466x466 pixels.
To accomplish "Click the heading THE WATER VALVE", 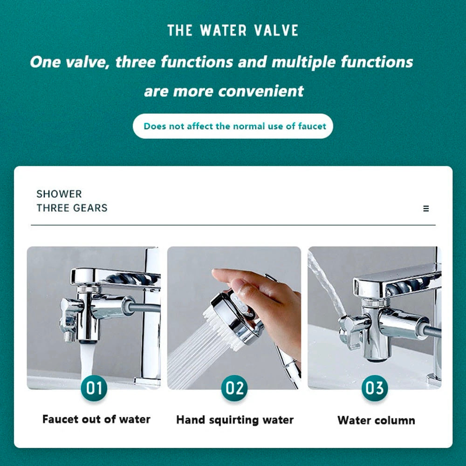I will pos(233,31).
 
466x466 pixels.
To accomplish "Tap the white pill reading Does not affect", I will pos(233,126).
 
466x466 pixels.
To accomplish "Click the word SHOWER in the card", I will pos(59,194).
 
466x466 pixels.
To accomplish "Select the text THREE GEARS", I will pos(72,208).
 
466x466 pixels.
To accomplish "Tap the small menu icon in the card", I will pos(426,209).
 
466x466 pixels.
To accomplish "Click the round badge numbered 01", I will pos(94,388).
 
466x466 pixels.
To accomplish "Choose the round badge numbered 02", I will pos(234,388).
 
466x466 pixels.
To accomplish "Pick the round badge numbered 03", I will pos(374,388).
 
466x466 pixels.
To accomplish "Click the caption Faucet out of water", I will pos(96,419).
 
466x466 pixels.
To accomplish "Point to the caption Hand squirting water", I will pos(235,420).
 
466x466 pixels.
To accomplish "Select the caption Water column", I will pos(376,420).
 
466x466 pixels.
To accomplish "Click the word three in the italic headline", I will pos(138,62).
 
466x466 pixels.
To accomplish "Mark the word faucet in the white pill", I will pos(312,126).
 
